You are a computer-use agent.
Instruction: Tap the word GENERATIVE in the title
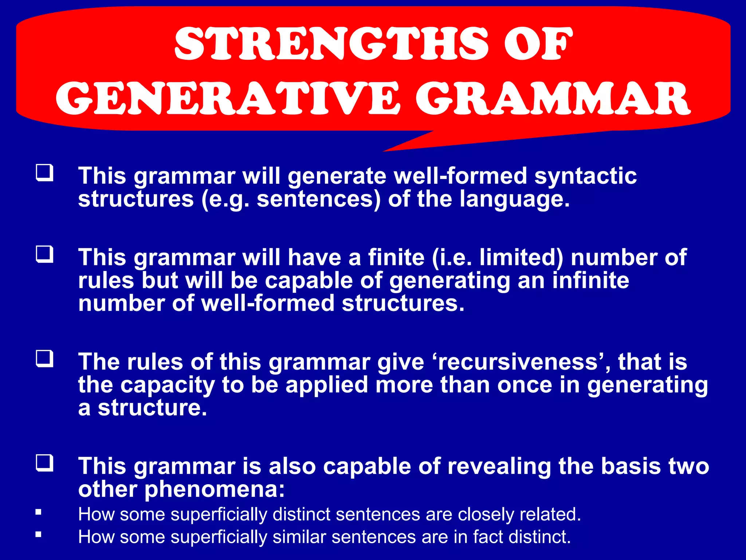tap(228, 98)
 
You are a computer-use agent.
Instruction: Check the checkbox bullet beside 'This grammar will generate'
tap(44, 173)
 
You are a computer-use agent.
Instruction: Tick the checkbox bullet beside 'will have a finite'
tap(44, 254)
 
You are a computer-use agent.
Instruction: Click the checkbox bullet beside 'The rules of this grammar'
tap(44, 359)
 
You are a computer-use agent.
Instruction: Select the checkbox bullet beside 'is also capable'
tap(44, 463)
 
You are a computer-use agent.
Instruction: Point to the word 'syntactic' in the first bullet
tap(585, 176)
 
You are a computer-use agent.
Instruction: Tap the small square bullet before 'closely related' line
tap(38, 512)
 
